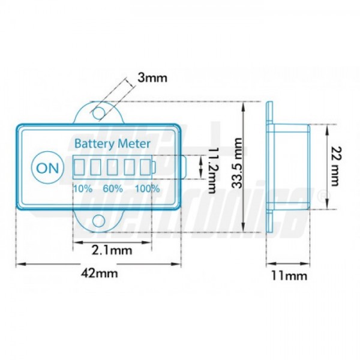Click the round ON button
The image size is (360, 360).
pos(48,167)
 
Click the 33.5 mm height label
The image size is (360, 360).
pos(238,164)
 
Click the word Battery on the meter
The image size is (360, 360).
pos(94,144)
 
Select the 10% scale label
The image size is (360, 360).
pos(82,188)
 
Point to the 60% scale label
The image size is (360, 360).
pos(113,188)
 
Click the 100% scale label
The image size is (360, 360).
pos(147,188)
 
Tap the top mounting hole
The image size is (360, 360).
pos(98,112)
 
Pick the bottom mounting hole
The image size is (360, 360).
pos(98,221)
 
